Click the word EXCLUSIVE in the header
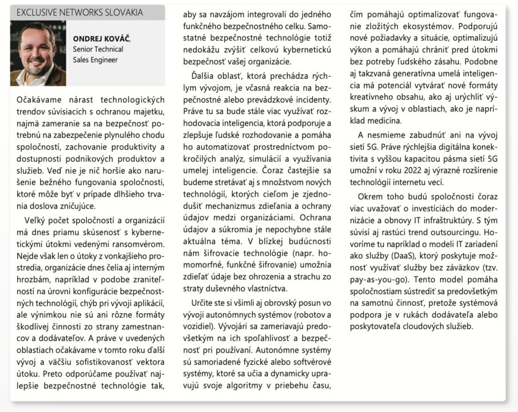pos(38,12)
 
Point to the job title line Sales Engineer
pos(95,60)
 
